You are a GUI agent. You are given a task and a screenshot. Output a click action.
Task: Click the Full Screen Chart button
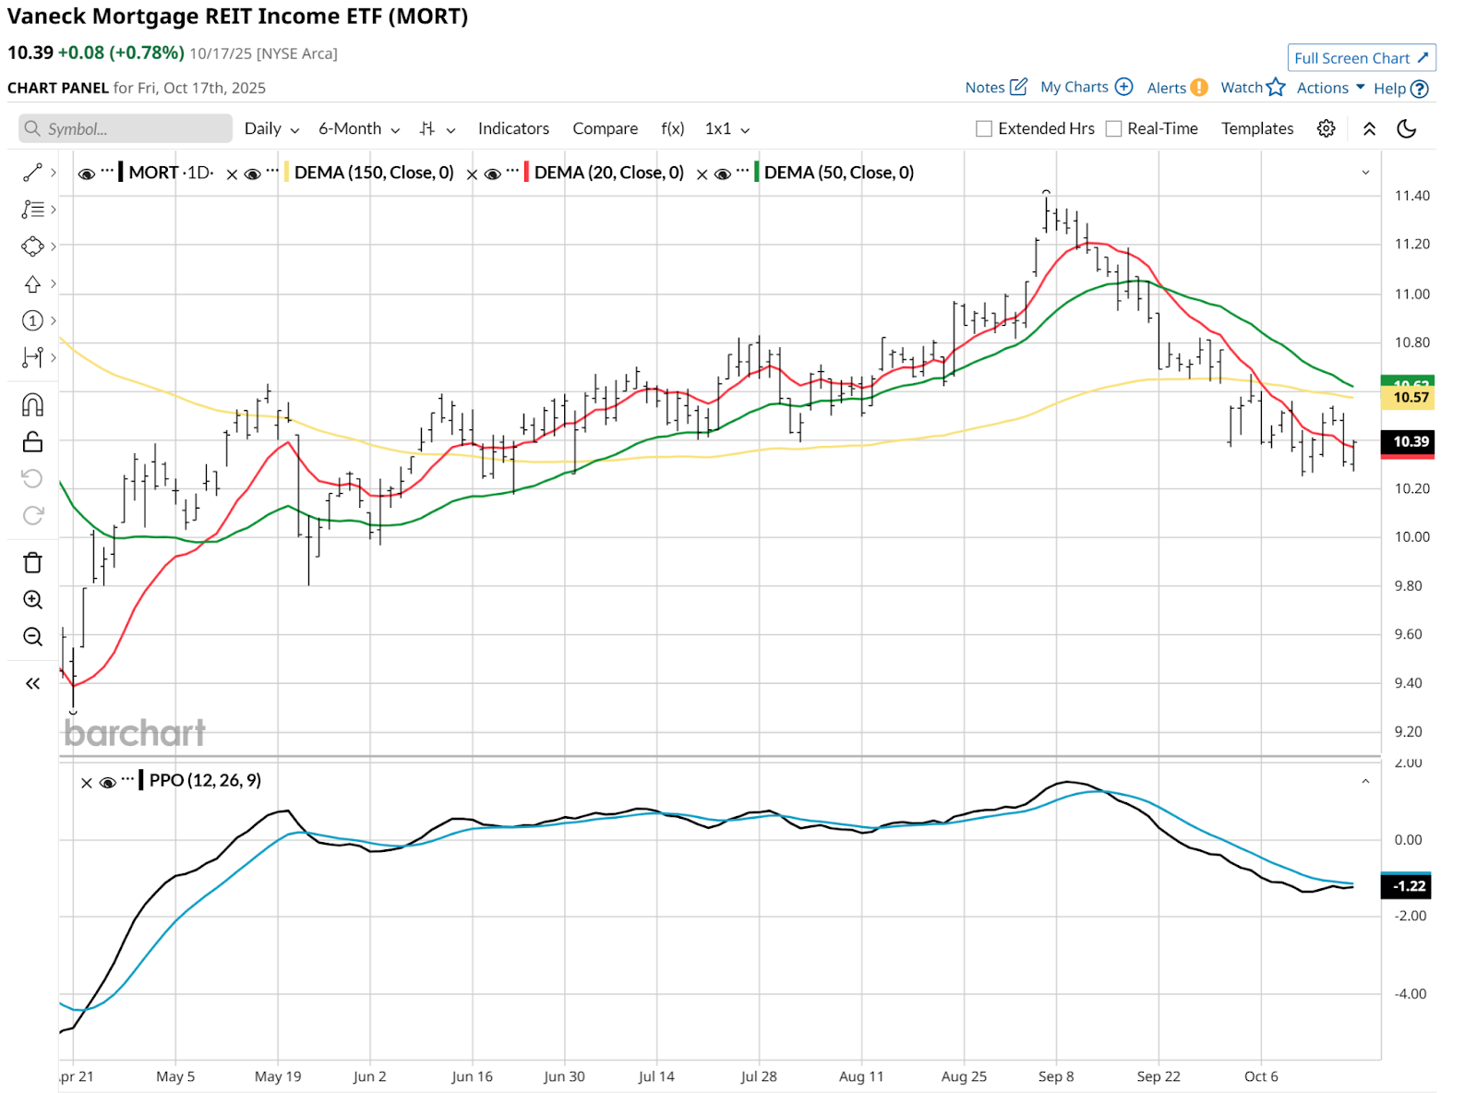point(1361,58)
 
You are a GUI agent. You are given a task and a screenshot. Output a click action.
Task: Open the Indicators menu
point(513,128)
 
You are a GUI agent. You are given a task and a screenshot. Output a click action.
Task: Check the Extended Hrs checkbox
point(984,129)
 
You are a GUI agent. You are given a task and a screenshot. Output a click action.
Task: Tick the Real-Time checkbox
point(1114,129)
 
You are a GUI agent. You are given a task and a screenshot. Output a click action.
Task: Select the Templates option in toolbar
point(1256,128)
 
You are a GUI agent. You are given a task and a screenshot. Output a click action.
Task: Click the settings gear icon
point(1326,128)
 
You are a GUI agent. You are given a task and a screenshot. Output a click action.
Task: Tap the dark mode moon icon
point(1406,128)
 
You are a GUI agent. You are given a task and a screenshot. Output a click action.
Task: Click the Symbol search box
point(126,128)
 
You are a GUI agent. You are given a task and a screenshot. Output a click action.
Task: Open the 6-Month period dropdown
point(358,128)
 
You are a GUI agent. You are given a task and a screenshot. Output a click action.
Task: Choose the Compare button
point(605,128)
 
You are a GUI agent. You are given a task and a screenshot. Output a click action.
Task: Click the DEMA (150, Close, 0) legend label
point(374,173)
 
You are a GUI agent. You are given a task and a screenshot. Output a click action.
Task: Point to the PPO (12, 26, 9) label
point(205,780)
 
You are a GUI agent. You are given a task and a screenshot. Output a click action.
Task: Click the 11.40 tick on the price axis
point(1411,196)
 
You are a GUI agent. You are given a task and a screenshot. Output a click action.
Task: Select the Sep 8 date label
point(1055,1076)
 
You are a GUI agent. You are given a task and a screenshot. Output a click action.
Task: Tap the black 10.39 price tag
point(1410,441)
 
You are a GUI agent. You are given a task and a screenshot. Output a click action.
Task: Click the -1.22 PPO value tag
point(1408,886)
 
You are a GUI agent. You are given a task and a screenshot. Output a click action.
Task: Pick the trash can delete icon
point(32,562)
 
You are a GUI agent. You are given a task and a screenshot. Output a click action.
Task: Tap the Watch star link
point(1252,88)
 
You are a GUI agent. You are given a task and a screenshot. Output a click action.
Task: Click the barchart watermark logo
point(135,733)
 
